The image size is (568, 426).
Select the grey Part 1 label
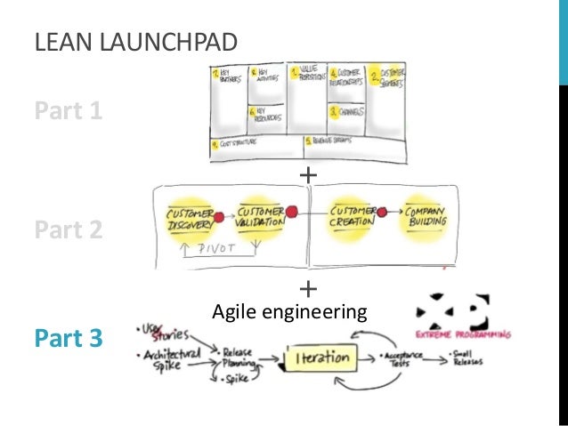pyautogui.click(x=69, y=112)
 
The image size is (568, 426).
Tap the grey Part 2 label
pyautogui.click(x=69, y=230)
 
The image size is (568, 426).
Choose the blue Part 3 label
pyautogui.click(x=69, y=339)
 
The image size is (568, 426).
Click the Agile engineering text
pyautogui.click(x=289, y=312)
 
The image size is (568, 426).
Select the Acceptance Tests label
pyautogui.click(x=402, y=359)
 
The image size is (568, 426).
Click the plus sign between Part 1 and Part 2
pyautogui.click(x=308, y=175)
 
